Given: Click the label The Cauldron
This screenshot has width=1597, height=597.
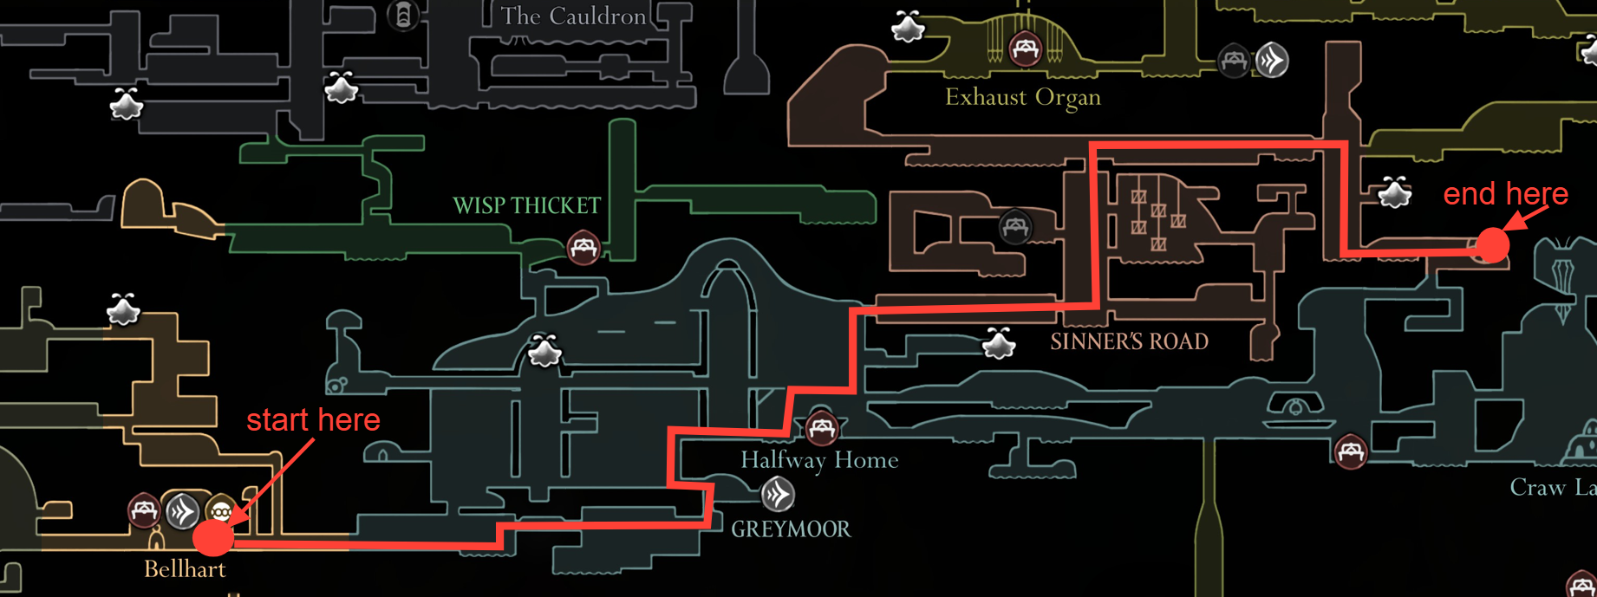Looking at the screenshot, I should coord(573,16).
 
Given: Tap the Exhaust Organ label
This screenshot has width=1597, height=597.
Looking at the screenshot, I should coord(1022,97).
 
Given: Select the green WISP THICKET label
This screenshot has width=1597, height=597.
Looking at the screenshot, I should coord(526,205).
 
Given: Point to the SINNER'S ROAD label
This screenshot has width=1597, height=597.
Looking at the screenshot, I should coord(1129,341).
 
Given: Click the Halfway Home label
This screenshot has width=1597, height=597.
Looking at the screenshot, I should coord(818,460).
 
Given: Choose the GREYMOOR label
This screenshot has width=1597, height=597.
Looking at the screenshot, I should coord(791,529).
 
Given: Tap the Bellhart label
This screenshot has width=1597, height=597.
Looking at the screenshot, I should coord(184,569).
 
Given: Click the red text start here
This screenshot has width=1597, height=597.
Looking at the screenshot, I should coord(313,420).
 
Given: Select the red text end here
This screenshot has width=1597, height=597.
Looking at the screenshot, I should coord(1505,193).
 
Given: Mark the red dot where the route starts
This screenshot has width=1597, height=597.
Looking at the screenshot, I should coord(213,537).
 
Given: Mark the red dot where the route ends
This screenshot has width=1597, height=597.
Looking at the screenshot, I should coord(1492,245).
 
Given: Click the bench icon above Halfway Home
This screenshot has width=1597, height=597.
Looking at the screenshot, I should coord(821,426).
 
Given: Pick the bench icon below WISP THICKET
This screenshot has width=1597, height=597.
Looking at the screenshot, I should coord(583,248).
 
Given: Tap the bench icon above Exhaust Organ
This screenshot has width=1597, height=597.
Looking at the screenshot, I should coord(1025,48).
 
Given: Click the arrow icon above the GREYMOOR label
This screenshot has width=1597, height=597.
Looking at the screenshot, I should coord(778,495).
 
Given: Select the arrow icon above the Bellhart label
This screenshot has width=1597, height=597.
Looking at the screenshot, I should coord(183,511).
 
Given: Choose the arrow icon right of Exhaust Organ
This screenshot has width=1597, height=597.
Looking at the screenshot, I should coord(1272,61).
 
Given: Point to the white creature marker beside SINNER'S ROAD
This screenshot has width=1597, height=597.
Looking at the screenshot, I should coord(999,344).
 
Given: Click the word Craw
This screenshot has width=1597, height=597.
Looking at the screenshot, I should coord(1537,488).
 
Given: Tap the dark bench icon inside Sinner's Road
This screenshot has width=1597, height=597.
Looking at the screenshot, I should coord(1014,227).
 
